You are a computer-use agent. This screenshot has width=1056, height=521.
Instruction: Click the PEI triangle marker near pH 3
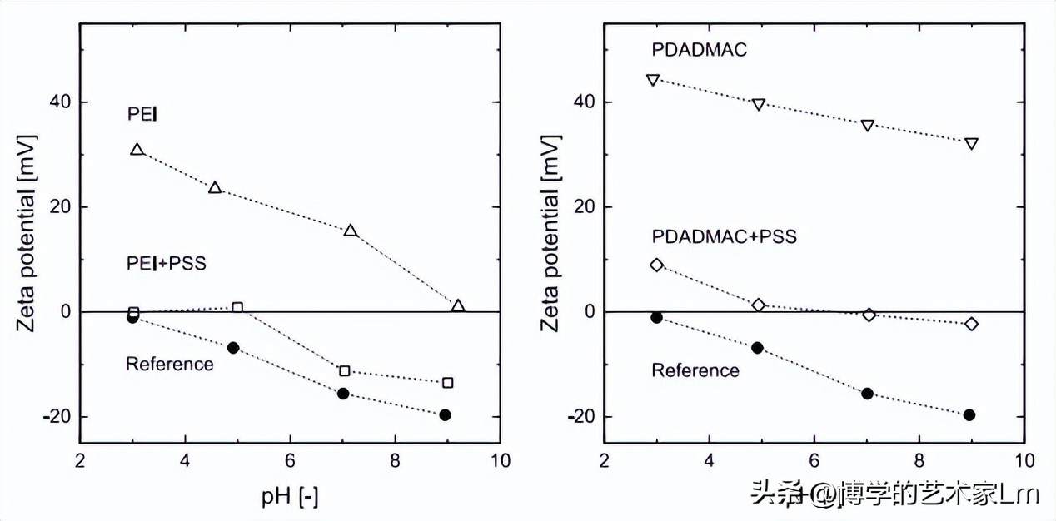click(x=137, y=149)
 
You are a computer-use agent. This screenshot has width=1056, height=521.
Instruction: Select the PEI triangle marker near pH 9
click(x=458, y=305)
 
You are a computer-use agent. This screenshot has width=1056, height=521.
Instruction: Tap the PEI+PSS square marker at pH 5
click(x=237, y=308)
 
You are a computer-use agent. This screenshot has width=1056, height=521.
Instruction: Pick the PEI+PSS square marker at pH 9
click(x=448, y=383)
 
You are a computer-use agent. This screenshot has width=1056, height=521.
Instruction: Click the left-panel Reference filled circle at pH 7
click(x=343, y=394)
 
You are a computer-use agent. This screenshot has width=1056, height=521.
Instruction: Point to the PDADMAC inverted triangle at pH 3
click(x=653, y=80)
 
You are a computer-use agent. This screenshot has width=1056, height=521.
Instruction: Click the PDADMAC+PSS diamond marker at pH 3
click(x=657, y=265)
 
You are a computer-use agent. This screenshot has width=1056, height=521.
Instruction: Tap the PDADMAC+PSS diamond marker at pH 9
click(x=971, y=324)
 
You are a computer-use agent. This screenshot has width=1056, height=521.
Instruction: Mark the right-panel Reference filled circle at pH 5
click(x=758, y=348)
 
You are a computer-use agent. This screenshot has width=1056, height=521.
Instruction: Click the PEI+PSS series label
click(x=167, y=263)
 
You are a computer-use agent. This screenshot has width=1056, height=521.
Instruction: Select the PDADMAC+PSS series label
click(x=724, y=236)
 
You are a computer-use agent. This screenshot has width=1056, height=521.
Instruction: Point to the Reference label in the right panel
click(x=695, y=370)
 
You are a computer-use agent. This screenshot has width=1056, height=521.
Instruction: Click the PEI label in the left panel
click(x=142, y=114)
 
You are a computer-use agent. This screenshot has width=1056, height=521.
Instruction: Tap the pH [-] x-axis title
click(x=290, y=496)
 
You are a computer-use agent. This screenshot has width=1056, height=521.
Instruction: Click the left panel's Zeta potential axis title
click(x=27, y=233)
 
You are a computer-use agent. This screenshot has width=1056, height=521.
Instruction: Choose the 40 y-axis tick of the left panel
click(x=60, y=102)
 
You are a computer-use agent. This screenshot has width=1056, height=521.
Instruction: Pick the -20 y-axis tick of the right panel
click(x=580, y=417)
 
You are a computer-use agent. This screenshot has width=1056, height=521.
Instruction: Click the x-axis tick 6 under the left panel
click(x=290, y=461)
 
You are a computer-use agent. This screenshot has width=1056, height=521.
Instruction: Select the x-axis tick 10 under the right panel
click(x=1024, y=461)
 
